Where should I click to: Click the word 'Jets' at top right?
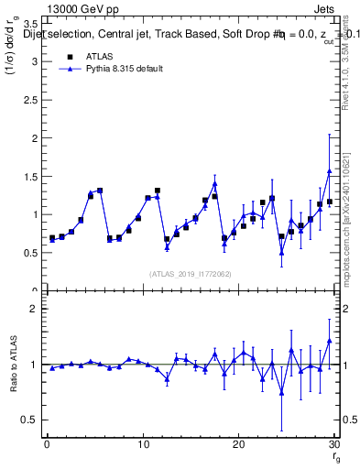point(326,7)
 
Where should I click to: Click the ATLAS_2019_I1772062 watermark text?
point(191,273)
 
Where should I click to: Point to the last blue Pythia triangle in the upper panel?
point(329,171)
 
